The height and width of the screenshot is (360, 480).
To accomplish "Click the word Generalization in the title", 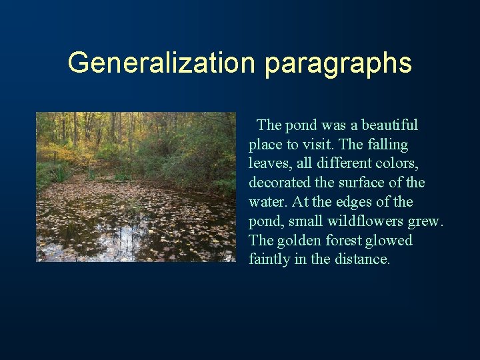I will click(162, 63).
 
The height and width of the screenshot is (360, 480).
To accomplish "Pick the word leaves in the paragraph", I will click(268, 163).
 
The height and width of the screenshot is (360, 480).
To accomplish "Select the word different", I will click(350, 163).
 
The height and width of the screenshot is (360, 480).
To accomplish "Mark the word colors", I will click(402, 163).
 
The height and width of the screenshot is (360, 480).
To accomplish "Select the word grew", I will click(427, 221).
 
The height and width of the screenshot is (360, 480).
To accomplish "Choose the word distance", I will click(363, 259).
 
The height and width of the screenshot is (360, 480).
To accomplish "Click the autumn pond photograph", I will click(136, 187).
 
